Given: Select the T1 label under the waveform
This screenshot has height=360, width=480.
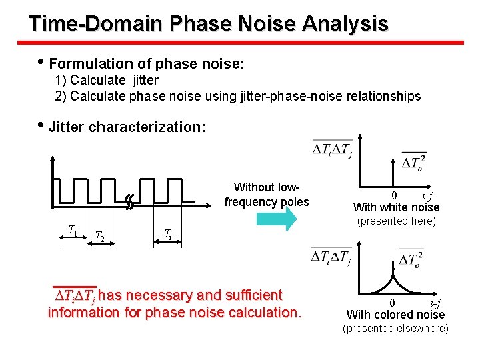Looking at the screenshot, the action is click(x=73, y=231).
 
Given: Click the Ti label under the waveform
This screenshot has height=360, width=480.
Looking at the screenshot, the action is click(x=168, y=233).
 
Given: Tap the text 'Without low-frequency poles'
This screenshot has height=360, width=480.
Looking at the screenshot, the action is click(x=267, y=195).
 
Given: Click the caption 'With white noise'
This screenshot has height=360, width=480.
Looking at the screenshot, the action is click(x=396, y=207).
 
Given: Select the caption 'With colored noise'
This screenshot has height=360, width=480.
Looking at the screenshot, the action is click(x=396, y=315).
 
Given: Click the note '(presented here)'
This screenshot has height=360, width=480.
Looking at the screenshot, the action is click(x=396, y=221).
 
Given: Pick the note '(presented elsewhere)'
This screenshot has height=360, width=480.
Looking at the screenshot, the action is click(x=396, y=329).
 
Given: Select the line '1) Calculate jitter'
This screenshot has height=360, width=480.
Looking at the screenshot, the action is click(x=107, y=80).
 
